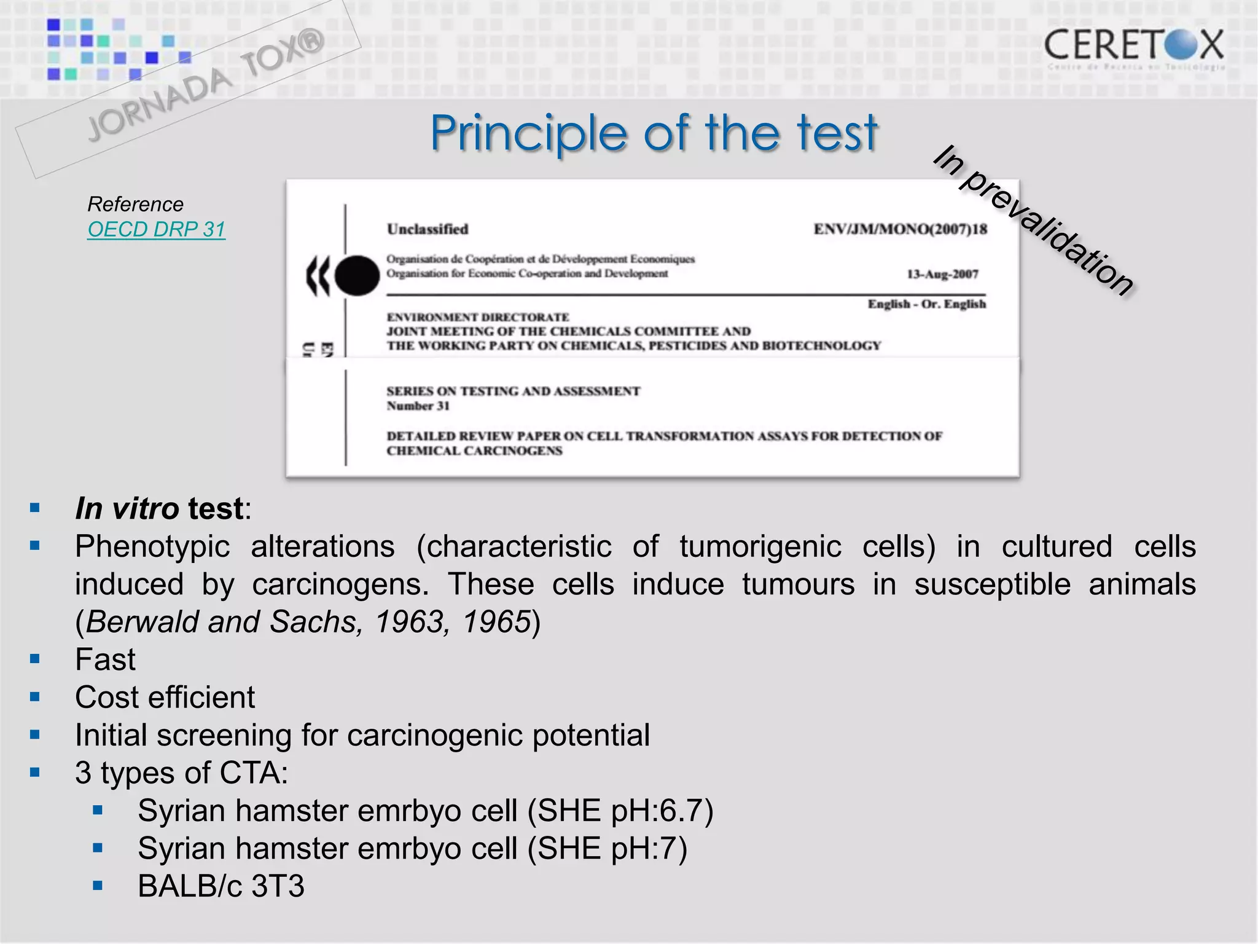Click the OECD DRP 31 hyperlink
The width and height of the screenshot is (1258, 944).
(x=157, y=229)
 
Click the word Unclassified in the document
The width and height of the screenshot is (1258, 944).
(x=428, y=229)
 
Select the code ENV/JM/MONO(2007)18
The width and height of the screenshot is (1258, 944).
(x=900, y=229)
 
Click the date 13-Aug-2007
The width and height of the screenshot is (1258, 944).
(x=942, y=274)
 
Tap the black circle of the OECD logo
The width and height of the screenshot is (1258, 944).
(x=357, y=276)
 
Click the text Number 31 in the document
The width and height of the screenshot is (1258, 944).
(x=418, y=406)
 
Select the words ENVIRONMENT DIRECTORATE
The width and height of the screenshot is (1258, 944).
(x=478, y=317)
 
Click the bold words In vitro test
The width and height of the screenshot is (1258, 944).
(x=160, y=509)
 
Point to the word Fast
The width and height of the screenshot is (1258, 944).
(x=105, y=659)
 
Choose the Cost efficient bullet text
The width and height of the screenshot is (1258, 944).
(x=165, y=698)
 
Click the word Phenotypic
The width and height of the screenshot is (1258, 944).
(x=152, y=546)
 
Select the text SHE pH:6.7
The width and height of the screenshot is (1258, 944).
(x=621, y=811)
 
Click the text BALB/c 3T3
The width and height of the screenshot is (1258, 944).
(x=221, y=886)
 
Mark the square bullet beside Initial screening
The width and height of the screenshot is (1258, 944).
(x=35, y=734)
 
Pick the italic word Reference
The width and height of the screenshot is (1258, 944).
(x=136, y=204)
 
